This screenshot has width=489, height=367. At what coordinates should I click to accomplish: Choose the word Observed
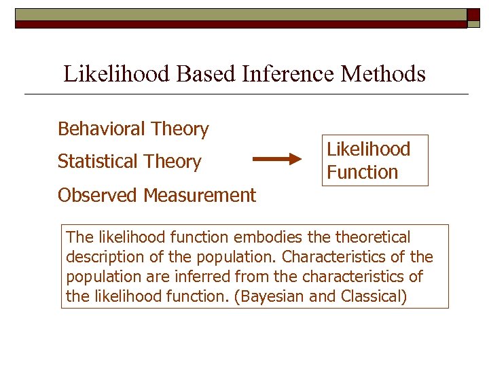98,196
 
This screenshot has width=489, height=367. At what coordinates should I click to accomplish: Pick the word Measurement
200,196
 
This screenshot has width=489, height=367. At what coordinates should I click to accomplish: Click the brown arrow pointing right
277,160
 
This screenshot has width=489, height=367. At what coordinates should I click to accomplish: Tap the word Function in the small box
362,172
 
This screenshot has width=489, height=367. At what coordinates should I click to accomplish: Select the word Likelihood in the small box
369,149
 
